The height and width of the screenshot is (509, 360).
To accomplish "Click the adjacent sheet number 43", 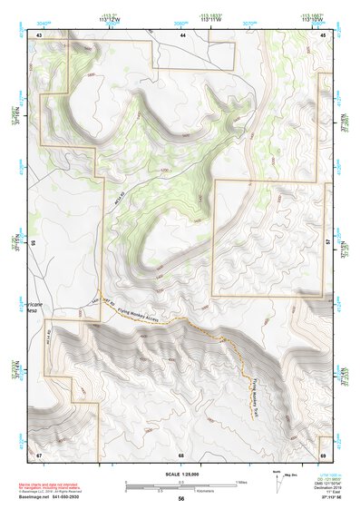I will click(39, 34).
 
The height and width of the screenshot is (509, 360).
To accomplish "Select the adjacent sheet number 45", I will click(324, 34).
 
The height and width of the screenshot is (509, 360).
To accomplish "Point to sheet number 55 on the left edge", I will click(33, 243).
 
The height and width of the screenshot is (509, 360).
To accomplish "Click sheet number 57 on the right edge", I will click(328, 243).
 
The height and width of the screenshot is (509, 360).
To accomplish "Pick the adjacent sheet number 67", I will click(39, 454).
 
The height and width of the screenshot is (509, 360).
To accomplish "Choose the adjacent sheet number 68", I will click(181, 454).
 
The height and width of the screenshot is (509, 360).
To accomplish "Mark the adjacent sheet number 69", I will click(323, 454).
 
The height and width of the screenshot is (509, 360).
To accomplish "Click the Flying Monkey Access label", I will click(138, 314).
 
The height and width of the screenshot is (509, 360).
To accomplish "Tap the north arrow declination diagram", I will click(276, 476).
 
